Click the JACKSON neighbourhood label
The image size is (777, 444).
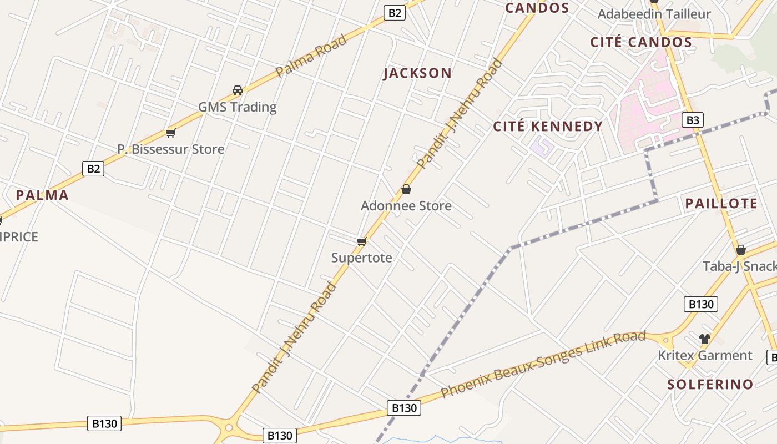417,73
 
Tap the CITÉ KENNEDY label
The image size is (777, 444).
548,127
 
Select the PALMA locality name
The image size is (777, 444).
42,195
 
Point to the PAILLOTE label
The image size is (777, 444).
721,204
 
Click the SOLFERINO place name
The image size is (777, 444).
710,384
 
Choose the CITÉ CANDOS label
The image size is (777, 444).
641,42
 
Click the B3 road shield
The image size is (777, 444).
692,120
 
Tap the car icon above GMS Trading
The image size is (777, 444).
238,90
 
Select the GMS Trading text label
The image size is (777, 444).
238,107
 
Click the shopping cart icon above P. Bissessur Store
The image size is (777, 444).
171,133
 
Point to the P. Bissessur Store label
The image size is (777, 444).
171,149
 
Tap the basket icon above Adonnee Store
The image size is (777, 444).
406,190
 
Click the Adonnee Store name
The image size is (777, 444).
406,206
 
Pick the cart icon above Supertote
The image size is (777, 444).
362,241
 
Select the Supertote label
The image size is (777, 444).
362,258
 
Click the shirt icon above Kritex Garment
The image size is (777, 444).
705,339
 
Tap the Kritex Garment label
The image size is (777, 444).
705,355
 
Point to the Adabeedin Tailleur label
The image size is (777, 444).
654,14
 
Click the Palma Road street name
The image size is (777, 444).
311,56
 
